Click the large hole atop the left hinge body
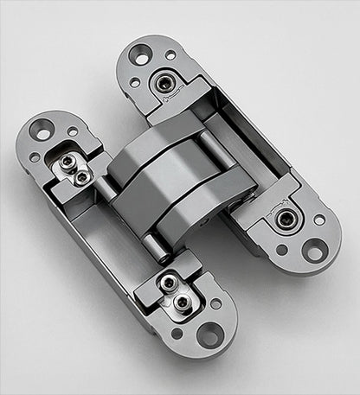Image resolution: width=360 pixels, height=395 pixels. click(x=41, y=130)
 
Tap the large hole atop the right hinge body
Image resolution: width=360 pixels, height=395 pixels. click(x=139, y=54)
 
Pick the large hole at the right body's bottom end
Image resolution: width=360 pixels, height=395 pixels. click(x=314, y=252)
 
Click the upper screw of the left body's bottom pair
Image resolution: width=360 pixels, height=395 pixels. click(x=168, y=284)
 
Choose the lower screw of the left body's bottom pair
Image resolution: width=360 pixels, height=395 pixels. click(x=182, y=302)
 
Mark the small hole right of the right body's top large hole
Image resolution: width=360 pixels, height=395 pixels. click(x=170, y=56)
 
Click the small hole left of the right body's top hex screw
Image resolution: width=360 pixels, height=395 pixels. click(x=135, y=82)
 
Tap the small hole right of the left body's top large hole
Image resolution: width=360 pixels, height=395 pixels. click(x=72, y=131)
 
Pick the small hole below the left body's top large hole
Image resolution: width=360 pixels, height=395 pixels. click(x=35, y=157)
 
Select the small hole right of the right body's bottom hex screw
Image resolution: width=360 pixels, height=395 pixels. click(x=319, y=220)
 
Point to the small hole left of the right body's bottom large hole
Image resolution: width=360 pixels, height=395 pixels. click(x=282, y=250)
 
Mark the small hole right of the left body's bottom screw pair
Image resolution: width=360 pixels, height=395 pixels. click(x=215, y=303)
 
